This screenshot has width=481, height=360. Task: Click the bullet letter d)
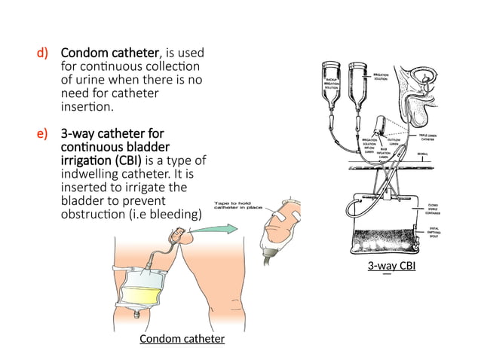pos(43,54)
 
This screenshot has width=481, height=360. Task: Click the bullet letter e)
pos(43,134)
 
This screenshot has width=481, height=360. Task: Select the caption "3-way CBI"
pos(391,267)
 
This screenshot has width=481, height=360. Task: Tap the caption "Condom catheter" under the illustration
pos(182,339)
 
